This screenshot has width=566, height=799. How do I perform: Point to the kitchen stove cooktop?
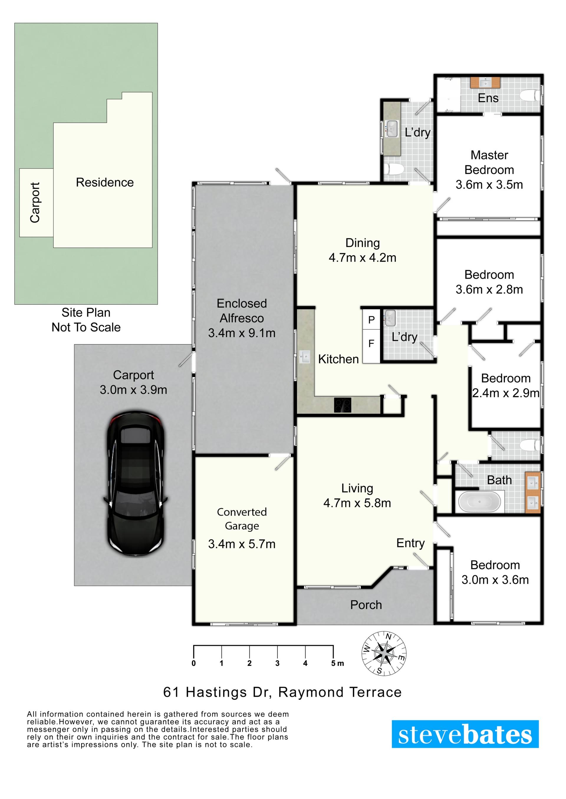click(343, 405)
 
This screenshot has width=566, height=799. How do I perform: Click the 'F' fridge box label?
click(371, 344)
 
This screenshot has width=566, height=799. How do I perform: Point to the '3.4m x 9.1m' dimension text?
click(241, 333)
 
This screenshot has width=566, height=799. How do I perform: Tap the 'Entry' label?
click(411, 543)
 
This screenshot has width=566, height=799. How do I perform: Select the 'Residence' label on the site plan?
click(105, 182)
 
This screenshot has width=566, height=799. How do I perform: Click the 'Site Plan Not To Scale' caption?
click(86, 320)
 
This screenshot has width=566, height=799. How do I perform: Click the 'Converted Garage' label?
click(242, 519)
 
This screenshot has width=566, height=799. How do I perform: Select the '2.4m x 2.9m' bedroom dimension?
click(506, 393)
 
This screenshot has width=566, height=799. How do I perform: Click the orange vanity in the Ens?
click(485, 82)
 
